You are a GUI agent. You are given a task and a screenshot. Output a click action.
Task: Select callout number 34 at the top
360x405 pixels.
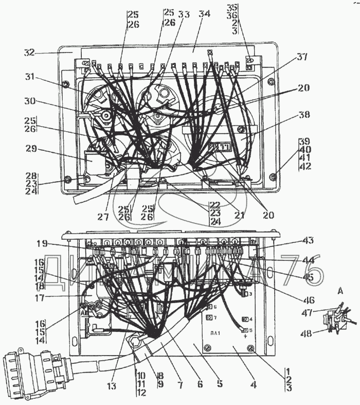coord(205,14)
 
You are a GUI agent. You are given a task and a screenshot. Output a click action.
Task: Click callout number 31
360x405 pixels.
coord(30,77)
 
